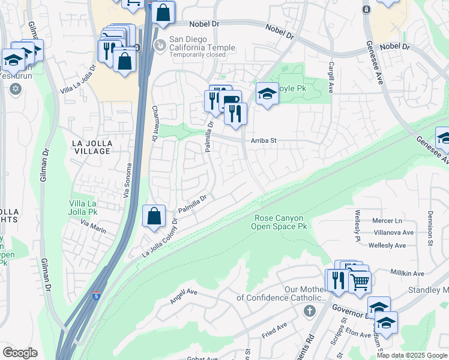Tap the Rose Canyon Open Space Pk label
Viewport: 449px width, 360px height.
pyautogui.click(x=278, y=222)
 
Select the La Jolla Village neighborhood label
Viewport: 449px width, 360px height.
pyautogui.click(x=91, y=147)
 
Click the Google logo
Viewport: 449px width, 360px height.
pyautogui.click(x=20, y=353)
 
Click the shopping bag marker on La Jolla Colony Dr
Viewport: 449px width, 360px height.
pyautogui.click(x=154, y=216)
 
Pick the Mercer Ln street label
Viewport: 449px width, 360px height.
pyautogui.click(x=387, y=221)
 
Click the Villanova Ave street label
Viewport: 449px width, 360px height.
pyautogui.click(x=393, y=232)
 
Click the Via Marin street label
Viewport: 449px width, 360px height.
pyautogui.click(x=94, y=227)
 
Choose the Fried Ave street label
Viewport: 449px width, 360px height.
pyautogui.click(x=274, y=328)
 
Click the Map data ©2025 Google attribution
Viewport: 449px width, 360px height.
pyautogui.click(x=412, y=355)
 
